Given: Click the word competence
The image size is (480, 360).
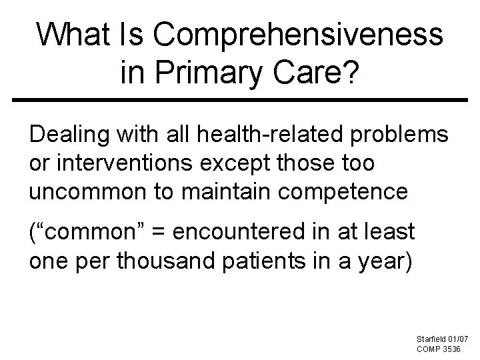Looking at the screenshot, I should (x=348, y=192).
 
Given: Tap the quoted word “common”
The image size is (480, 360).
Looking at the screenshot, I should (x=86, y=232).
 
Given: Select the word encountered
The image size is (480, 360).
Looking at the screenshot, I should (x=237, y=232).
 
